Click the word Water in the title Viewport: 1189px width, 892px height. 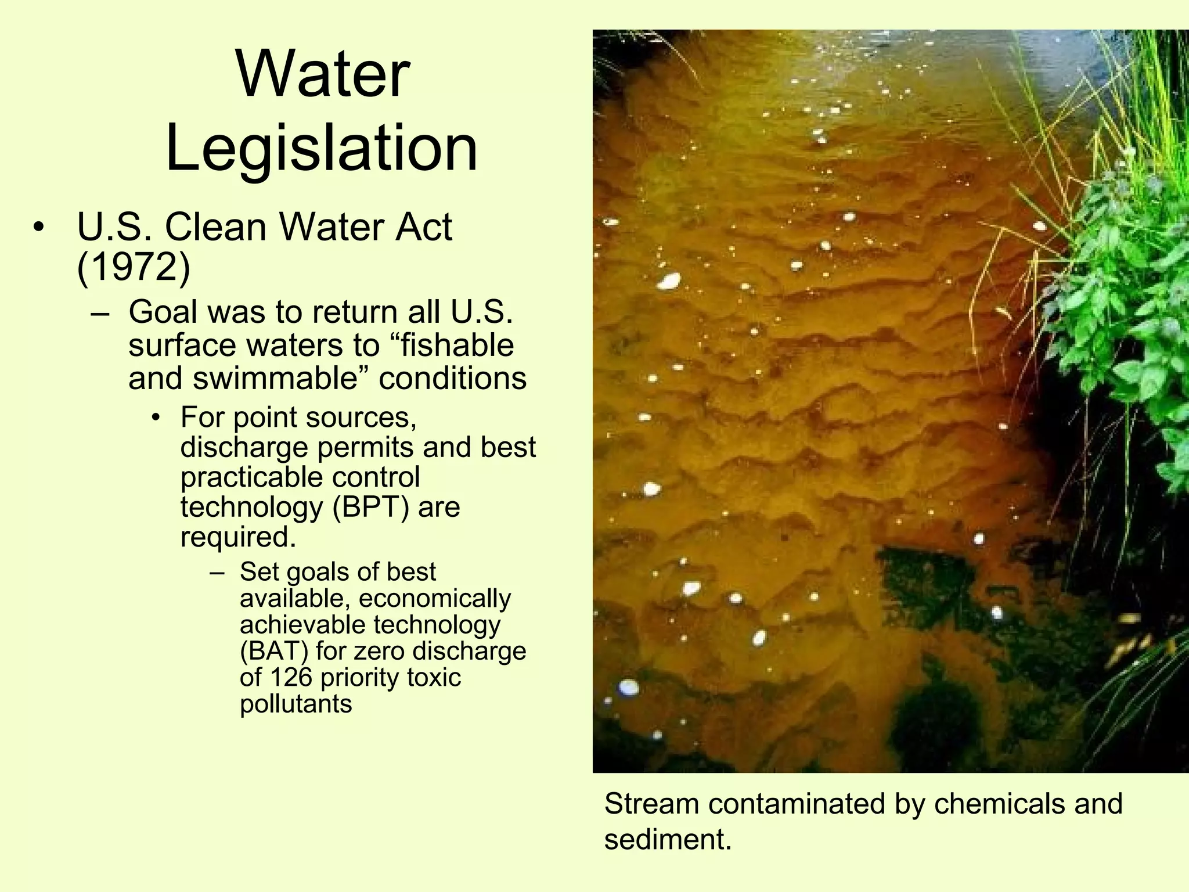click(323, 75)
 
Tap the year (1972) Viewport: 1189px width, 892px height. click(134, 267)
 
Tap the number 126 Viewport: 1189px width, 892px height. click(291, 677)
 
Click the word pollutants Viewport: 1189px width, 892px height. click(296, 704)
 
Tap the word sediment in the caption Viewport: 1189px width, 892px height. click(668, 840)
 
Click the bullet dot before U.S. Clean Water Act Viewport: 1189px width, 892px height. click(38, 227)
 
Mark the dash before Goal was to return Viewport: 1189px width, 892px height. click(100, 313)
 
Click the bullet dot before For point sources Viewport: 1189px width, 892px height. click(156, 418)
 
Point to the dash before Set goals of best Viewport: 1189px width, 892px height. click(217, 573)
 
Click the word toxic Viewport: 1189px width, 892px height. click(435, 677)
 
